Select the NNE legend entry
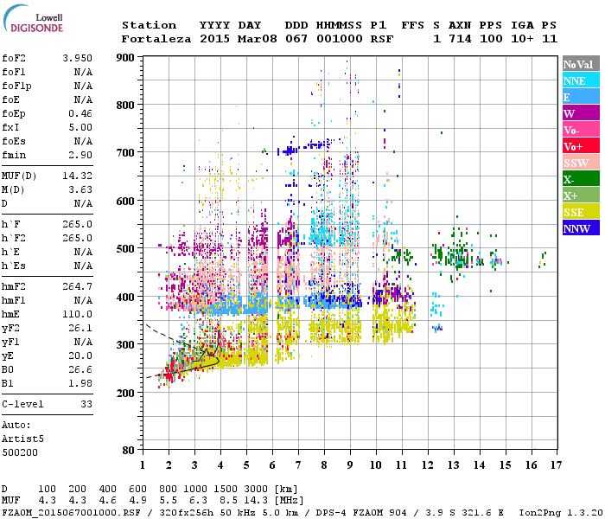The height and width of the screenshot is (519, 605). click(x=581, y=80)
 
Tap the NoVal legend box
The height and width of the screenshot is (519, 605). click(x=581, y=64)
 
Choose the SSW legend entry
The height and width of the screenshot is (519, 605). click(x=581, y=163)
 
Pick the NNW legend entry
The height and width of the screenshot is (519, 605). click(x=581, y=228)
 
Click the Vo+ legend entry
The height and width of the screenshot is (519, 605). click(x=581, y=146)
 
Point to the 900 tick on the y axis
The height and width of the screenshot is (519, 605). click(x=126, y=58)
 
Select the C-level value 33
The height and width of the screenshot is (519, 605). click(x=86, y=404)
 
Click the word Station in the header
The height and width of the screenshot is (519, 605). click(x=149, y=25)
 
